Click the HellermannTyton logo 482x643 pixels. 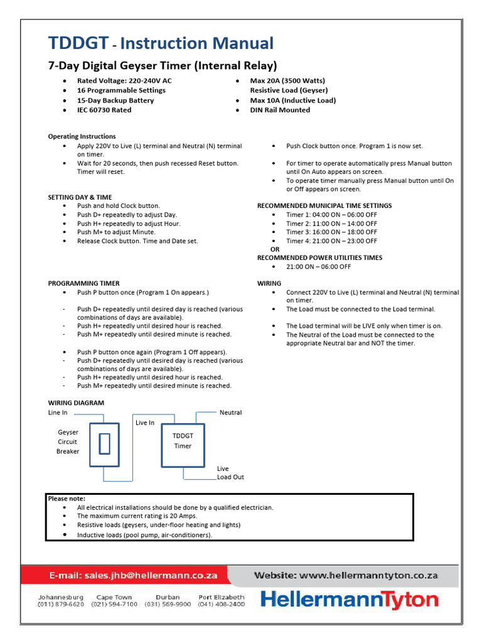coord(350,600)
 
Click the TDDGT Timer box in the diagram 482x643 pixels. coord(183,441)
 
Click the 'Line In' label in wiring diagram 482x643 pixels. coord(58,413)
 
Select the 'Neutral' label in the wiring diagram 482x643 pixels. coord(230,413)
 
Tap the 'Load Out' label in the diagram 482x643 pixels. coord(230,477)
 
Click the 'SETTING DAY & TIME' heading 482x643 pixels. coord(80,197)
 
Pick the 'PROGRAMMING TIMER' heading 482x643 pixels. coord(83,283)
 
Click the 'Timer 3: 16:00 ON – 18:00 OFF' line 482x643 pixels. coord(331,232)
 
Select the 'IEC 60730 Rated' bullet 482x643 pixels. coord(104,110)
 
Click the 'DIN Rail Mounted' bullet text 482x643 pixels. coord(280,110)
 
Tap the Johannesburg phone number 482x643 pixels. coord(61,604)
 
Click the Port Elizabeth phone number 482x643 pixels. coord(222,604)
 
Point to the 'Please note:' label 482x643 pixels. coord(67,498)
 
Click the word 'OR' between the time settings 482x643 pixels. coord(274,249)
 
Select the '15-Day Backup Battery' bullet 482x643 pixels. coord(115,100)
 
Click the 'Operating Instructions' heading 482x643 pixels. coord(82,136)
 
